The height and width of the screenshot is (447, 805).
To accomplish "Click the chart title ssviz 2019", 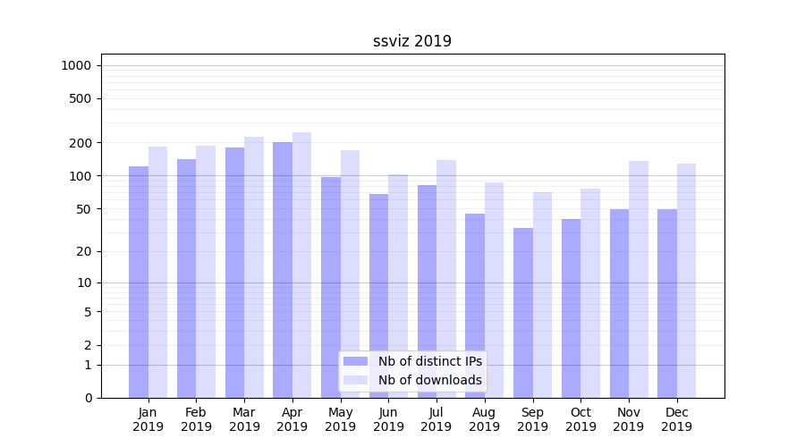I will click(x=412, y=41).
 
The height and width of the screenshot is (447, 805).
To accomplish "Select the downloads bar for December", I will click(x=686, y=281).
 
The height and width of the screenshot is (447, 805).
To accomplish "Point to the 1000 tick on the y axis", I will click(x=76, y=65).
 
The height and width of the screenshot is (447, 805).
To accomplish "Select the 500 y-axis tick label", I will click(x=81, y=98).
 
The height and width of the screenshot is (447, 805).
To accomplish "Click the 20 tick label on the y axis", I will click(x=84, y=251).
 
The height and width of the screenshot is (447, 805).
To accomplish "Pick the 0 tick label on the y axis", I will click(x=88, y=398).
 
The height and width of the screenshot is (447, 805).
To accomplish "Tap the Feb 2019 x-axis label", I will click(x=196, y=419).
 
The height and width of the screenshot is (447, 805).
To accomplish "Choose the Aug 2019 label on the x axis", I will click(x=485, y=419).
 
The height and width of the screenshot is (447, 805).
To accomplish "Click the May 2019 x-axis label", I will click(x=340, y=419).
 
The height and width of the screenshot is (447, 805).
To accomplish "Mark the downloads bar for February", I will click(x=206, y=272).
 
